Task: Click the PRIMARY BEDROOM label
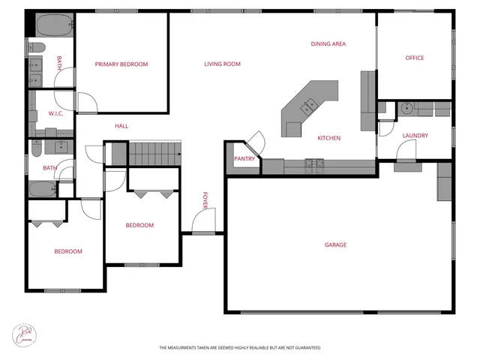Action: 121,64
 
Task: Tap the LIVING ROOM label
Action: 222,64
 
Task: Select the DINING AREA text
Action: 328,44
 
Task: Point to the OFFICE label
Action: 415,58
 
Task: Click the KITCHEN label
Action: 329,138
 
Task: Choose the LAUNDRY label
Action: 415,136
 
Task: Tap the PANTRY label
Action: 244,159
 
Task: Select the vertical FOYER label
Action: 204,200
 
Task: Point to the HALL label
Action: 121,126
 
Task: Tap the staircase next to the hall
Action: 155,154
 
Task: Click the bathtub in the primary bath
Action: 51,25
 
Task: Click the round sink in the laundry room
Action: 406,108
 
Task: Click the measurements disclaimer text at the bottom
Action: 239,348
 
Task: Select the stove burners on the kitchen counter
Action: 313,163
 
